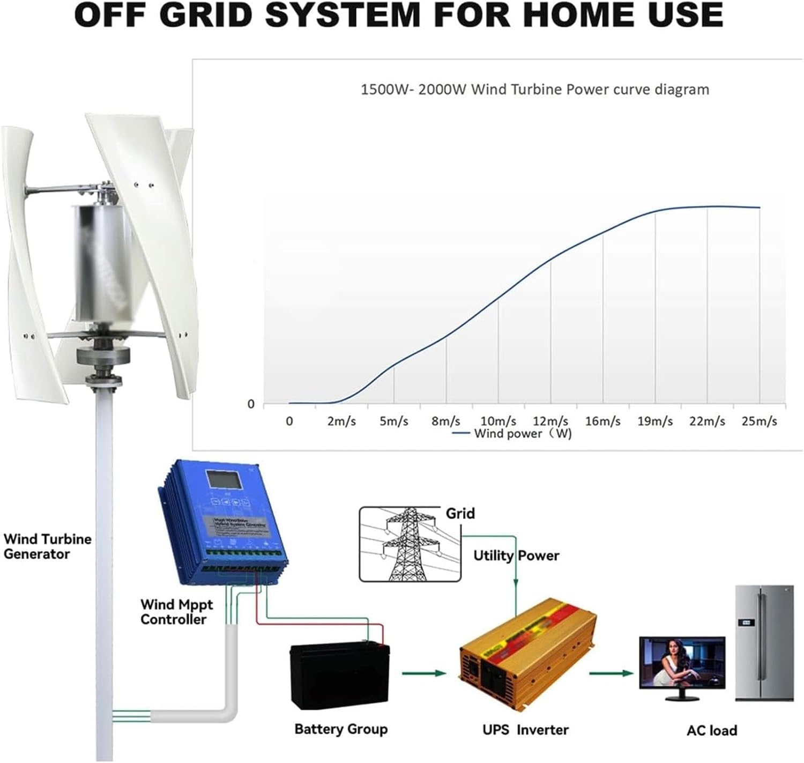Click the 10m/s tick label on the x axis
click(498, 421)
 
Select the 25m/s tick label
click(759, 421)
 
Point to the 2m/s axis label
click(341, 421)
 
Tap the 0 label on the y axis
click(251, 404)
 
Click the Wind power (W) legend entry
click(513, 433)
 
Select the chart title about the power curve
click(534, 89)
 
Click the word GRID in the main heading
click(206, 14)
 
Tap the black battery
click(339, 675)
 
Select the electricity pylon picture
click(410, 544)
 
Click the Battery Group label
click(341, 729)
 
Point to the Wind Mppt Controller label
click(176, 612)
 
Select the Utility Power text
click(516, 555)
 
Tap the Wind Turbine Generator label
click(47, 546)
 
